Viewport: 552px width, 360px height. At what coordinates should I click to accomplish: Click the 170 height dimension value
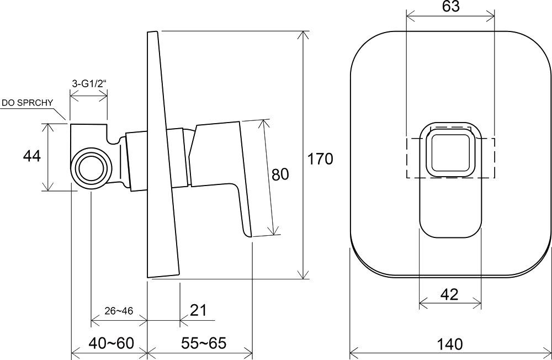pyautogui.click(x=320, y=159)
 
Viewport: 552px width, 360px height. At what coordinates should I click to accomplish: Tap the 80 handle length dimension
pyautogui.click(x=280, y=174)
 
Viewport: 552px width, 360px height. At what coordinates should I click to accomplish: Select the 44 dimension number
pyautogui.click(x=32, y=156)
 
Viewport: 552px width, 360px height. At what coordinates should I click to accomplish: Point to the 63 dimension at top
pyautogui.click(x=450, y=7)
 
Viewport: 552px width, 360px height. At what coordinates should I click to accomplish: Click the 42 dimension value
pyautogui.click(x=449, y=294)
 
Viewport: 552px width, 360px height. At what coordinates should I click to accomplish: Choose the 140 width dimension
pyautogui.click(x=450, y=343)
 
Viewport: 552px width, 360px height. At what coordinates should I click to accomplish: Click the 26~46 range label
pyautogui.click(x=119, y=311)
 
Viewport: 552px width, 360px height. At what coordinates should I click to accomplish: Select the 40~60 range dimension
pyautogui.click(x=112, y=343)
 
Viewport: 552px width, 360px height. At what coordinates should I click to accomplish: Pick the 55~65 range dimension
pyautogui.click(x=204, y=343)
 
